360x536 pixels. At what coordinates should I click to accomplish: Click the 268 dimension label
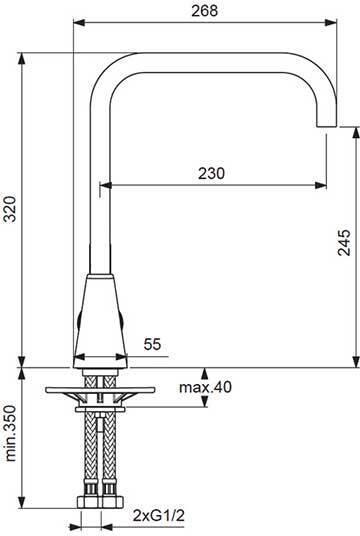click(x=204, y=10)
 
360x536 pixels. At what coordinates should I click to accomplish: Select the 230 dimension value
click(x=211, y=173)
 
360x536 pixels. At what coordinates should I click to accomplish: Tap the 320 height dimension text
click(x=11, y=209)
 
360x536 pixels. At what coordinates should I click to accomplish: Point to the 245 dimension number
click(x=344, y=242)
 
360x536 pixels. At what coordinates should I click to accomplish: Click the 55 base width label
click(x=152, y=344)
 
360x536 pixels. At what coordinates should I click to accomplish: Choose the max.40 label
click(x=205, y=387)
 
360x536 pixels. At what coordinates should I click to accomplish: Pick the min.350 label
click(x=11, y=433)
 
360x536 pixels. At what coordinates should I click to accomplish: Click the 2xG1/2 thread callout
click(x=159, y=515)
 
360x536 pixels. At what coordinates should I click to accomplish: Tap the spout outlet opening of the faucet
click(x=326, y=126)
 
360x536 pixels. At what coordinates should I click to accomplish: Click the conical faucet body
click(x=100, y=321)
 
